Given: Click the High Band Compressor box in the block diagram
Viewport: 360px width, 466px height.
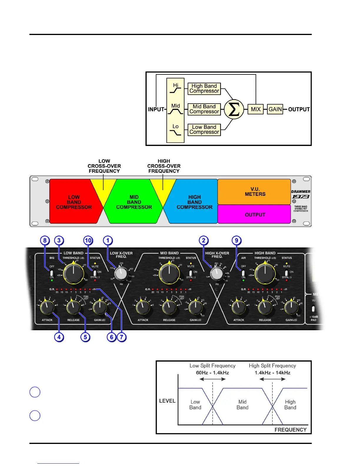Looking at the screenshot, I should click(204, 89).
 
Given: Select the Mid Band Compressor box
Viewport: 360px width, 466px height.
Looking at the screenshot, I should click(204, 109).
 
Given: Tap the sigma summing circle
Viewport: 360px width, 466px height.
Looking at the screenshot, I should click(234, 109).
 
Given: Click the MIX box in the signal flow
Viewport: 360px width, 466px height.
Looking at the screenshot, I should click(256, 109).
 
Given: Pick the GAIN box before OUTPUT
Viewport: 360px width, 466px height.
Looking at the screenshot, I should click(275, 109).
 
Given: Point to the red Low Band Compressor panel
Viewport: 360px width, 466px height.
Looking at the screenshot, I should click(74, 202).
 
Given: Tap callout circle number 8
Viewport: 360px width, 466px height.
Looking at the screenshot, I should click(45, 240).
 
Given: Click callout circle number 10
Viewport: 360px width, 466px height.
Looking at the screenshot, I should click(88, 240).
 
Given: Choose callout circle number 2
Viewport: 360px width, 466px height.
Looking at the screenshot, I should click(204, 240).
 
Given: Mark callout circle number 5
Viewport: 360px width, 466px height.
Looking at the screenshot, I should click(85, 337).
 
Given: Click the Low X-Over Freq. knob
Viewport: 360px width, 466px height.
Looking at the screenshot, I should click(121, 273).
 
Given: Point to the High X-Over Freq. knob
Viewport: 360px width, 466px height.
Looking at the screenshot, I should click(217, 274).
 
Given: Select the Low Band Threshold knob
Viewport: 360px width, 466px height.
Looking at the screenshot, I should click(74, 273).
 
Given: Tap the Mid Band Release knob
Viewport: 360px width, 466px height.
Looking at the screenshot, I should click(169, 307).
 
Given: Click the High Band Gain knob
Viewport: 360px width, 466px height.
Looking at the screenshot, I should click(291, 307).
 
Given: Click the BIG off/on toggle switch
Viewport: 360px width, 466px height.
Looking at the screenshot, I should click(52, 272).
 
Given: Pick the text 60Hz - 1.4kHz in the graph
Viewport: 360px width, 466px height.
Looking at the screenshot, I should click(212, 373).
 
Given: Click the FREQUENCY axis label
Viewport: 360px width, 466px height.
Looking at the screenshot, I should click(290, 430).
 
